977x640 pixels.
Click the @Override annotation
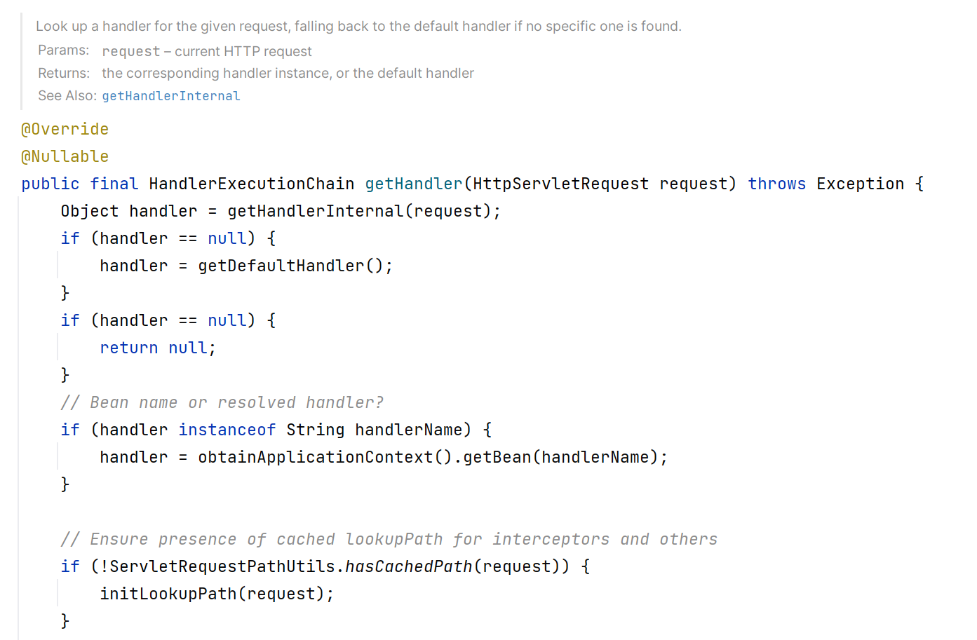point(65,130)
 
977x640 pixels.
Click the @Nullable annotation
point(65,157)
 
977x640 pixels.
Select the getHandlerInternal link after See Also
point(171,96)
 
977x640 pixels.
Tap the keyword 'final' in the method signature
point(114,184)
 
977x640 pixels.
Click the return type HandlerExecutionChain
point(251,184)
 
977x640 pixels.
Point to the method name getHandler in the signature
point(413,184)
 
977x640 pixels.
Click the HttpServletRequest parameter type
point(560,184)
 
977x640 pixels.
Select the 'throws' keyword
point(776,184)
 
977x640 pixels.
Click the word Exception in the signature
point(860,184)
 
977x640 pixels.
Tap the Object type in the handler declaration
point(89,212)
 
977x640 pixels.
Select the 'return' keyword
point(128,348)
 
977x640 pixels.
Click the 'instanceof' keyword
point(227,430)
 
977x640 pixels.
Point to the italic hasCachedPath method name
point(408,567)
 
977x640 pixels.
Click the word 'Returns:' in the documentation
point(64,74)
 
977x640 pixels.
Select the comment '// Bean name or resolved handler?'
point(222,403)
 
